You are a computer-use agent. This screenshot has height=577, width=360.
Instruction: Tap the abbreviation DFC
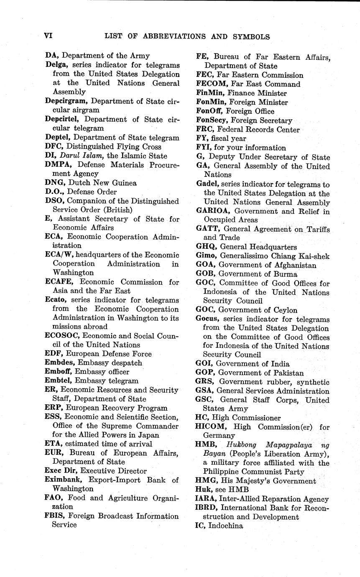pos(53,146)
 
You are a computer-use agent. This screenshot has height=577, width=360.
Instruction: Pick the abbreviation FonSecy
pos(210,120)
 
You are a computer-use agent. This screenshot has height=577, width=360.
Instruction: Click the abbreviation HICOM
pos(211,427)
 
